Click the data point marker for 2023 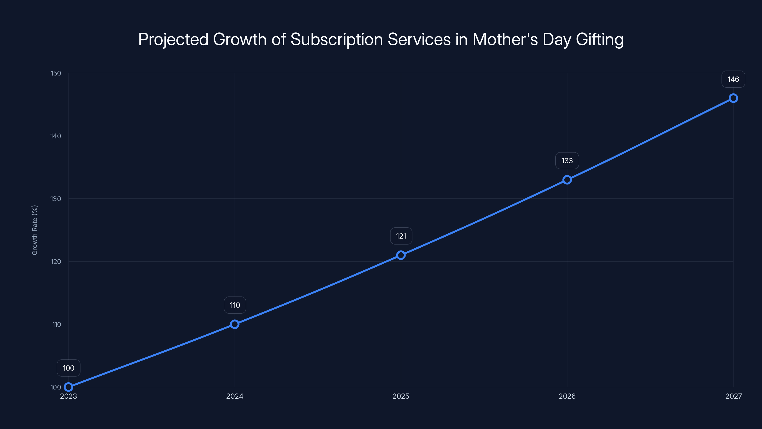click(x=68, y=387)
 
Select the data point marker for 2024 click(x=235, y=324)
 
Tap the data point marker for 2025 click(x=401, y=255)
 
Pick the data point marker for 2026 click(x=567, y=180)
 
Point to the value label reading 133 click(x=567, y=161)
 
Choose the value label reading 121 click(x=401, y=236)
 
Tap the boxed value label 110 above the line click(x=235, y=305)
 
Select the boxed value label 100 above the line click(x=69, y=368)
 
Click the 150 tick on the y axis click(x=56, y=73)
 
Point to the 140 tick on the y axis click(x=56, y=136)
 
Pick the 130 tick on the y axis click(x=56, y=199)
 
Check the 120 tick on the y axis click(x=56, y=261)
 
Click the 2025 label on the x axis click(x=401, y=396)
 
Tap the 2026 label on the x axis click(x=567, y=396)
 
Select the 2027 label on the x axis click(x=734, y=396)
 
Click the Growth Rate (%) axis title click(x=35, y=230)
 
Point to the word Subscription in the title click(x=337, y=39)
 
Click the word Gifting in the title click(x=600, y=39)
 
